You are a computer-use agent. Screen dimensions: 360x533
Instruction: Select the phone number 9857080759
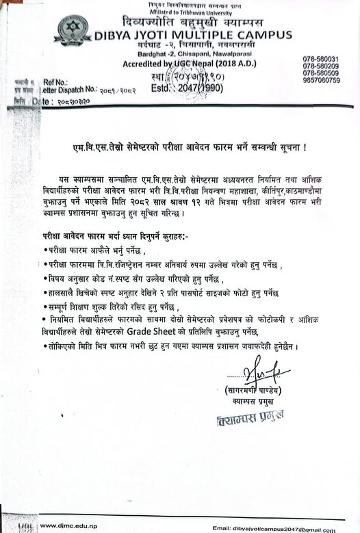pos(321,80)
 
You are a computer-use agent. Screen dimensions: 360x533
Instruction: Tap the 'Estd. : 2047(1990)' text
pos(176,88)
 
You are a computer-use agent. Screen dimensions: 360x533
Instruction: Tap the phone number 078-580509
pos(321,73)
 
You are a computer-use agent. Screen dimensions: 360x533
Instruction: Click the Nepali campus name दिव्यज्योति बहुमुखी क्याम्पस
pos(194,22)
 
